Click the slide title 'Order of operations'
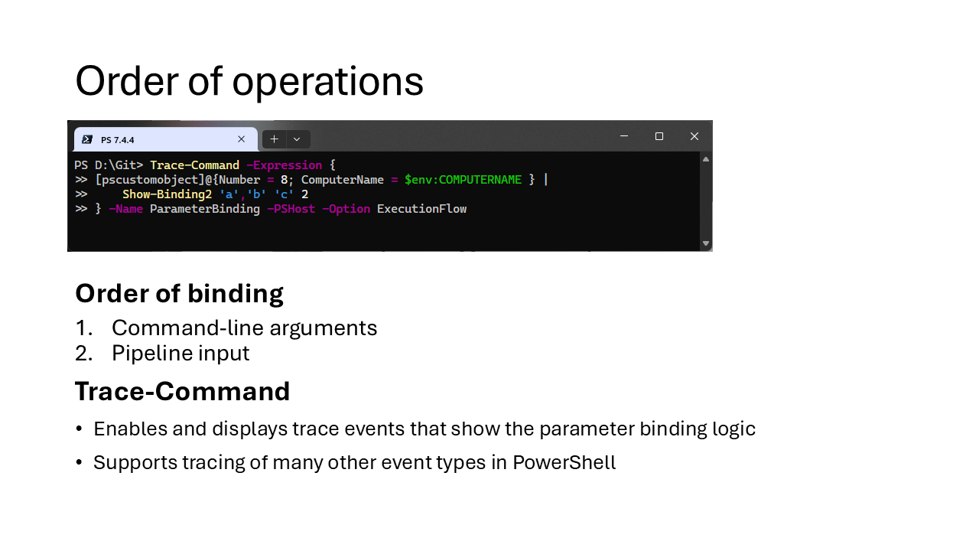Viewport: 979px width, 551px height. tap(249, 81)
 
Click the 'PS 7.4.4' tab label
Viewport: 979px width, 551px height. tap(118, 140)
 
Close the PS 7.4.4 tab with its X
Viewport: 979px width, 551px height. tap(241, 139)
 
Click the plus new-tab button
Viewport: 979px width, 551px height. tap(274, 139)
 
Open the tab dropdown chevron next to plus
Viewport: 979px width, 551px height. tap(297, 139)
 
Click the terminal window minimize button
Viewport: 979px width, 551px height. tap(624, 136)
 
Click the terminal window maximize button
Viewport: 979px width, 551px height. tap(659, 136)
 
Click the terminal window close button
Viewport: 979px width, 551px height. tap(694, 136)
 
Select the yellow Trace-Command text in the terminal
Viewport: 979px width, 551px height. tap(194, 165)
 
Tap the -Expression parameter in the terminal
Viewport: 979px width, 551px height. tap(284, 165)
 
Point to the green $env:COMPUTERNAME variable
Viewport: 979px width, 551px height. tap(463, 180)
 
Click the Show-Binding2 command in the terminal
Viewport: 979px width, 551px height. tap(167, 194)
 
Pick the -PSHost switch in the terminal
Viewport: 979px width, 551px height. tap(291, 209)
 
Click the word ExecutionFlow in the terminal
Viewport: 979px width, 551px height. tap(421, 209)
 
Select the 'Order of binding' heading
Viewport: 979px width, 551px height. tap(179, 293)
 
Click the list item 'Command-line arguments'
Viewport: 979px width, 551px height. tap(244, 328)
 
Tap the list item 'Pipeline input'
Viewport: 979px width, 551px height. tap(181, 353)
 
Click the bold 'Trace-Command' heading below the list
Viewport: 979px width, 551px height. tap(182, 391)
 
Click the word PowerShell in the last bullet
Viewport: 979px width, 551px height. tap(564, 462)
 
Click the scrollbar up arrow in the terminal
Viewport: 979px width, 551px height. tap(706, 159)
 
